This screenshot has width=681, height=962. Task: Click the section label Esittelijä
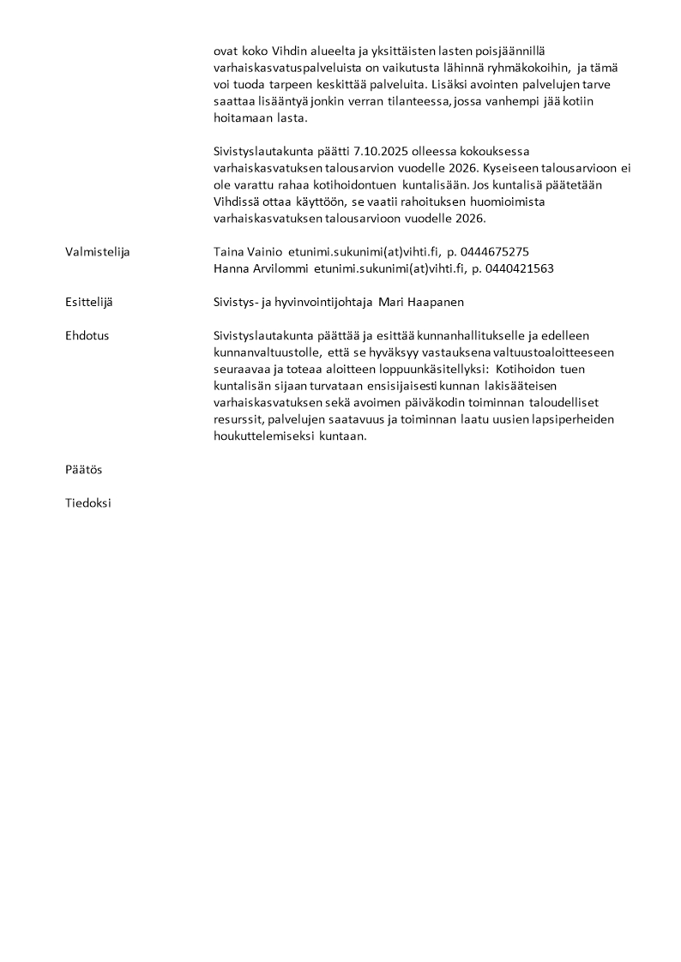click(x=88, y=302)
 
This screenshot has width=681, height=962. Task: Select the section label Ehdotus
click(x=87, y=335)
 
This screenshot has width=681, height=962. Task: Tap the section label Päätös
click(x=83, y=470)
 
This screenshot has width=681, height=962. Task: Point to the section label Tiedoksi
click(x=88, y=503)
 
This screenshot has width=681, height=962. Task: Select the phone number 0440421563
click(x=519, y=268)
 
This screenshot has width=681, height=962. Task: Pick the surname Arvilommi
click(x=280, y=268)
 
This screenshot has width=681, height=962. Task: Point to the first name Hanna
click(x=231, y=268)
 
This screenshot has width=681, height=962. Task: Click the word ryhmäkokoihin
click(x=522, y=68)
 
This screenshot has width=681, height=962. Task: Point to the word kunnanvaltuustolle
click(x=266, y=352)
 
